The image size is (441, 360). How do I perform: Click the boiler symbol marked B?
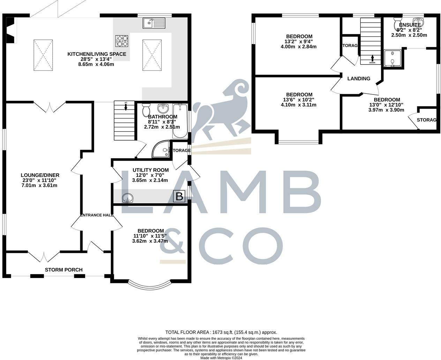point(179,196)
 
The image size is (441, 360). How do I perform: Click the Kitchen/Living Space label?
point(97,54)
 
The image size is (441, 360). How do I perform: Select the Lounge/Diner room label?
point(40,175)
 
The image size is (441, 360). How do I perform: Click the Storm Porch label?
point(63,270)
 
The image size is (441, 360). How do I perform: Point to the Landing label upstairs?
point(359,78)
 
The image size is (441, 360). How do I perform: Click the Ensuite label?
point(410,25)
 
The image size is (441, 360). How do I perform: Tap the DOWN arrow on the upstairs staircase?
point(372,59)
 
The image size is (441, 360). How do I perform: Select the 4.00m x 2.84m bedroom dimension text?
point(298,46)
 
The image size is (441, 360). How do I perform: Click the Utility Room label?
point(150,170)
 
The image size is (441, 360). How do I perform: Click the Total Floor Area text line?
point(221,332)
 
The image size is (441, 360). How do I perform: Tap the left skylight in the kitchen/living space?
point(43,55)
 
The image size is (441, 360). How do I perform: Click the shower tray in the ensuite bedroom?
point(393,58)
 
